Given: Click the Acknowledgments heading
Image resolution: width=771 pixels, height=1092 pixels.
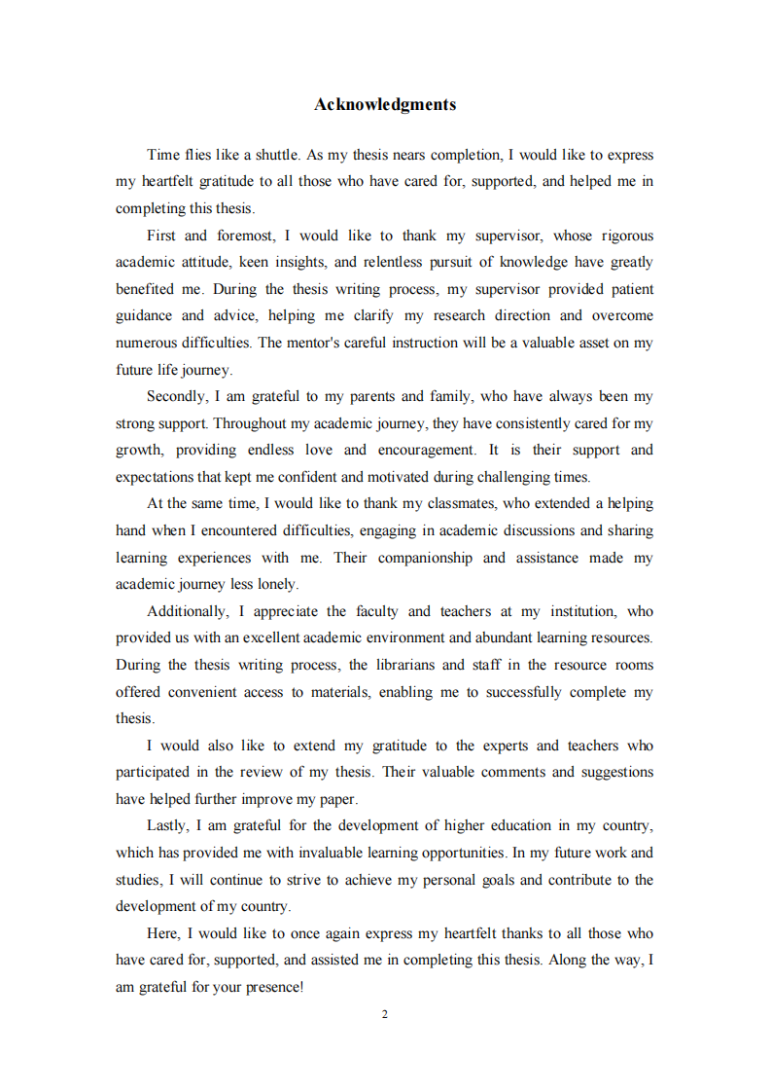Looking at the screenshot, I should [x=385, y=104].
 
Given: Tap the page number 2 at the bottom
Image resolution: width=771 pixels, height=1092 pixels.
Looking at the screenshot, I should [x=385, y=1014].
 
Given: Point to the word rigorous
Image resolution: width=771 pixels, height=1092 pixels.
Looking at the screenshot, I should [x=627, y=236].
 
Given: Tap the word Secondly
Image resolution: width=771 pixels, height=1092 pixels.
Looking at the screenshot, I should [x=176, y=396].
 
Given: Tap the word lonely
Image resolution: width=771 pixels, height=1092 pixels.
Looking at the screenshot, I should [x=276, y=584].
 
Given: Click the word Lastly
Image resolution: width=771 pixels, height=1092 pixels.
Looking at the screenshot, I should [x=167, y=825].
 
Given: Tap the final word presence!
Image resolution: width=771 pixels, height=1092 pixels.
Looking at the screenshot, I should [x=273, y=987].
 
